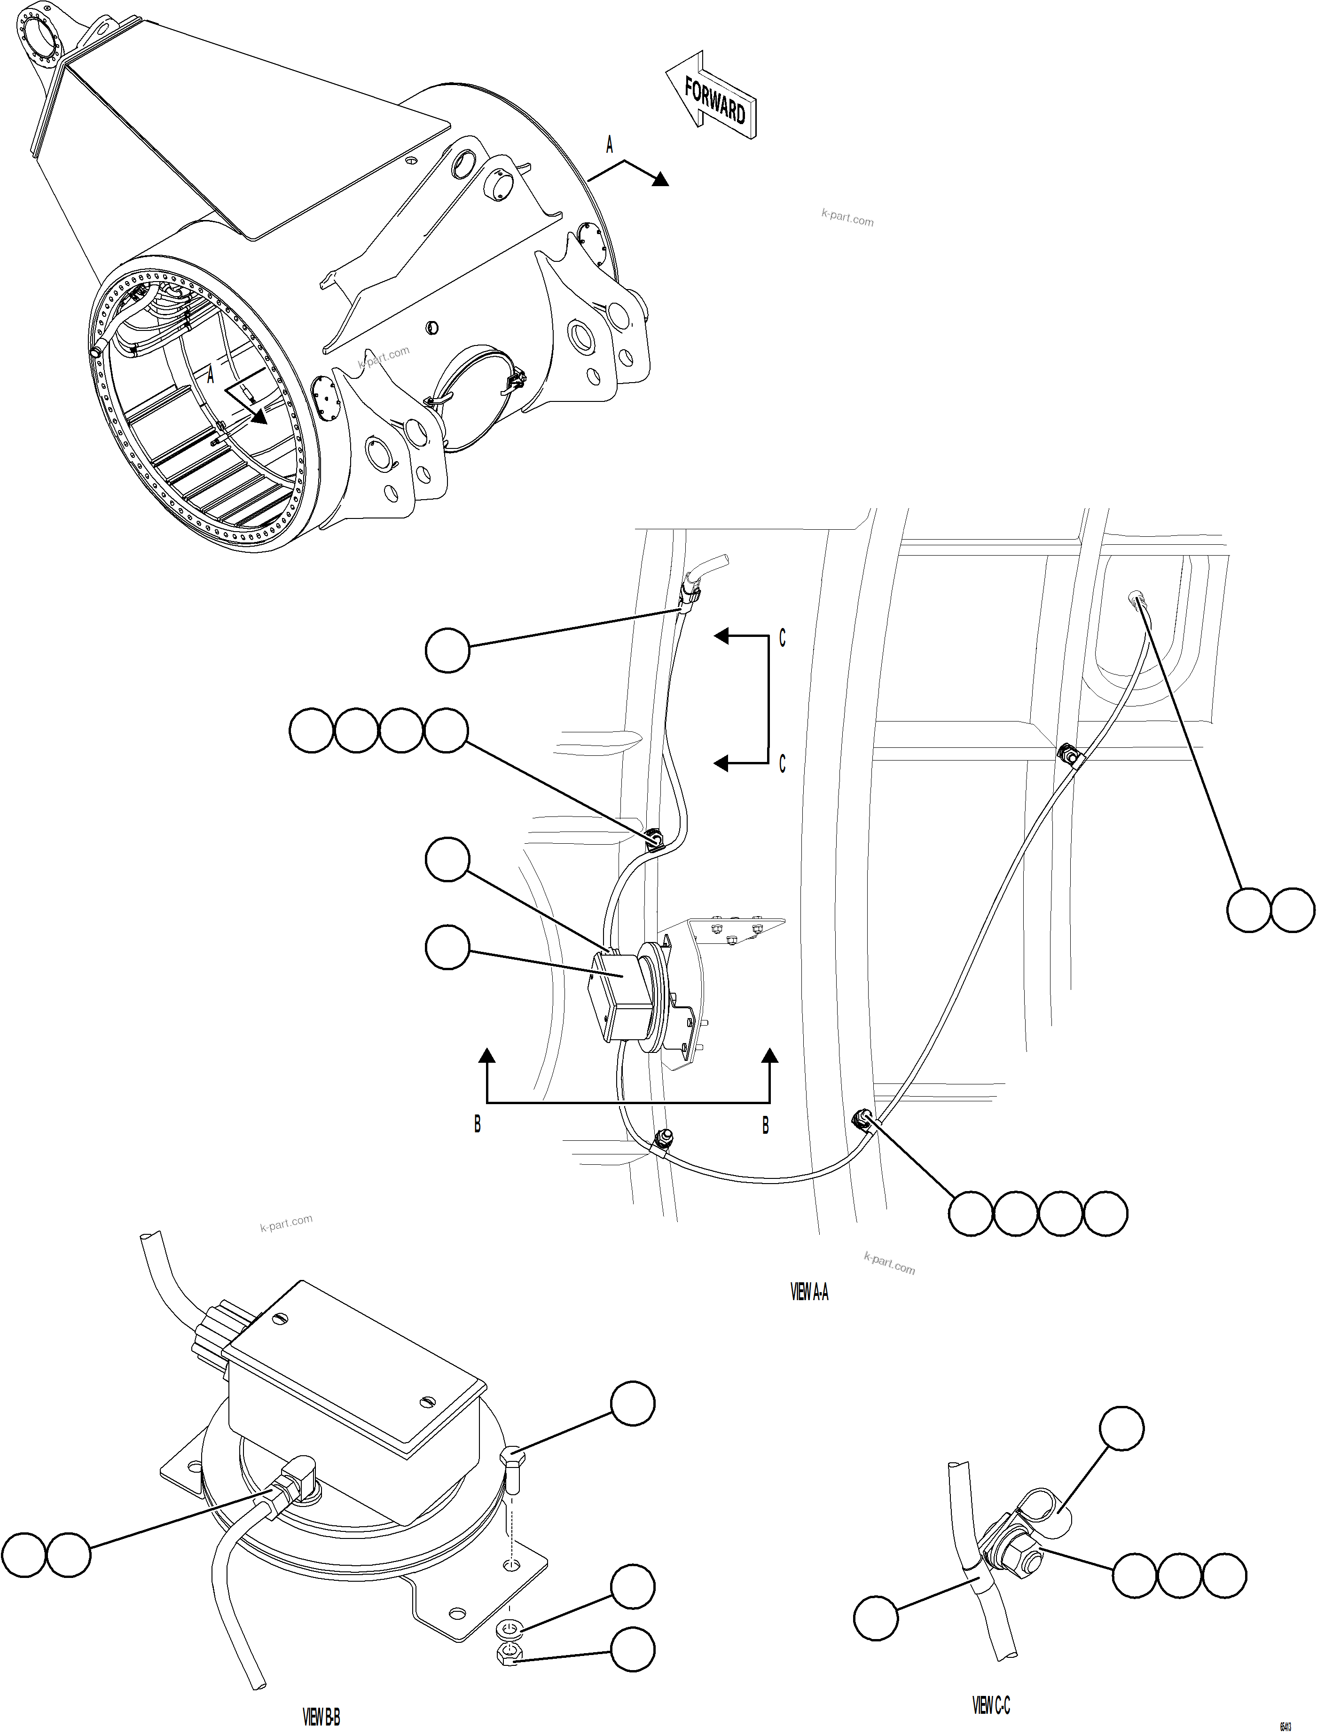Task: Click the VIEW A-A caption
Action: [809, 1293]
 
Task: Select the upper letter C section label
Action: [782, 639]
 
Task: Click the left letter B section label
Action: [478, 1124]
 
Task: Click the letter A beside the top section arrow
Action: [609, 145]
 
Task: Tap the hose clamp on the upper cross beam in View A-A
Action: [1068, 755]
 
